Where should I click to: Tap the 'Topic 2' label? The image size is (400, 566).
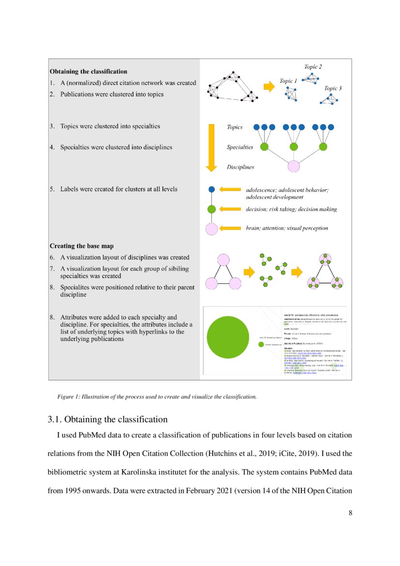313,67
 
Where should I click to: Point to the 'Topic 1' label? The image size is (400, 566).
289,81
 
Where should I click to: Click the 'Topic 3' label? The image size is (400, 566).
333,89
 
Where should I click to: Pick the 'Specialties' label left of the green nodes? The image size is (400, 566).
240,147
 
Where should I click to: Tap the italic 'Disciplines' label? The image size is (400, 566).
240,167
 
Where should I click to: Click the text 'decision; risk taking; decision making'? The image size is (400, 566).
291,209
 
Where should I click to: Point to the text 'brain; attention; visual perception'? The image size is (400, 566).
287,228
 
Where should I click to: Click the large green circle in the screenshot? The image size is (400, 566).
228,337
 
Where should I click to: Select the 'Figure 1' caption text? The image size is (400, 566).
157,397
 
